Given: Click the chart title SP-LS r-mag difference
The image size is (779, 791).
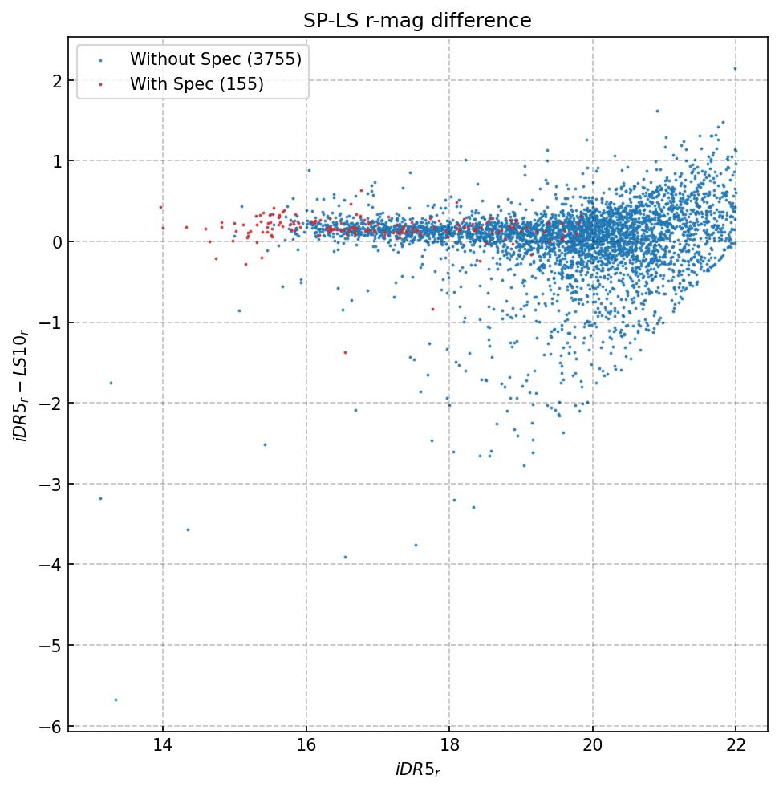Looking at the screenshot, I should point(417,21).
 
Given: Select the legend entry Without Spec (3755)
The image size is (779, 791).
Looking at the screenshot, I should point(216,59).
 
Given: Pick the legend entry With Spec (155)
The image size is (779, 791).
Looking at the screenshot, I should point(197,84).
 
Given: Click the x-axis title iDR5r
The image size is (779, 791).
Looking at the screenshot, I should point(417,770).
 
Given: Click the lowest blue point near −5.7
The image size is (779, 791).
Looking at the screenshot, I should point(116,700).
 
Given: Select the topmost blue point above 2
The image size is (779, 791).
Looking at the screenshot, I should point(734,69).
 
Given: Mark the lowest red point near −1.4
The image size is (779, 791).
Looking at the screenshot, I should point(345,352).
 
